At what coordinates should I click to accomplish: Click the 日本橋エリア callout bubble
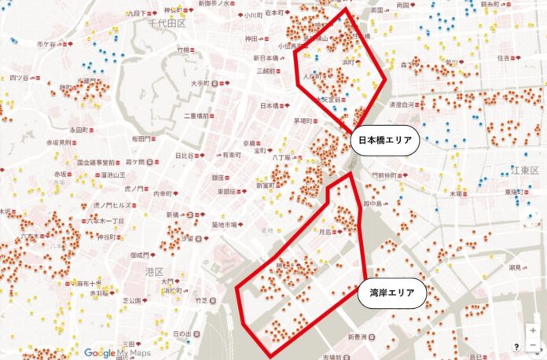[385, 142]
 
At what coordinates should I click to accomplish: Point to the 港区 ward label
[153, 271]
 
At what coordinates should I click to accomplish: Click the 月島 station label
[325, 232]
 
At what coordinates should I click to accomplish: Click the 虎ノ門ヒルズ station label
[110, 204]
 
